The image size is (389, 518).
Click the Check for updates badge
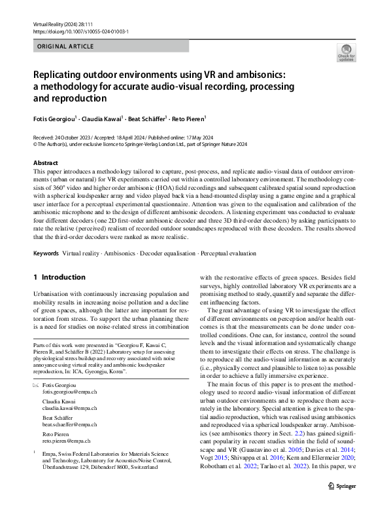tap(346, 52)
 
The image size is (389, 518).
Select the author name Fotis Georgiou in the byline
tap(55, 119)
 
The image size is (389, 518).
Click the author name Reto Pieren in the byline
tap(187, 119)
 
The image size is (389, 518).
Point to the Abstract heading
tap(46, 162)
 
